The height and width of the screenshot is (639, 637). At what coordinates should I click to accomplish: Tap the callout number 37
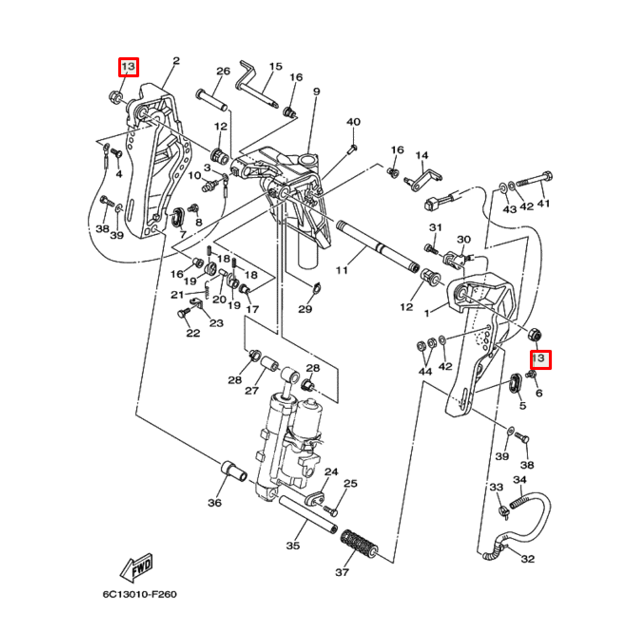(342, 572)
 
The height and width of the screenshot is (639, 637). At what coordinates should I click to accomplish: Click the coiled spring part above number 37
(361, 544)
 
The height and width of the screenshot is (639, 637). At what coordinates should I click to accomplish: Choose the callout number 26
(222, 71)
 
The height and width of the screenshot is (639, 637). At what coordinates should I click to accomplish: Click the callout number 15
(275, 66)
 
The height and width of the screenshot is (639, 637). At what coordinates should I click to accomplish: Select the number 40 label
(353, 122)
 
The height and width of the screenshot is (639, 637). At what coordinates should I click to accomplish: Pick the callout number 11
(342, 270)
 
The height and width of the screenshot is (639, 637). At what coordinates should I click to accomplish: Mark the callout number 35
(292, 545)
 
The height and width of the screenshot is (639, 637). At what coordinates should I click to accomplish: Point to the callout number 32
(527, 559)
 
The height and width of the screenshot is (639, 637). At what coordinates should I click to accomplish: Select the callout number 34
(520, 479)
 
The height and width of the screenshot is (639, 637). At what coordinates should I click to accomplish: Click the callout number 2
(176, 61)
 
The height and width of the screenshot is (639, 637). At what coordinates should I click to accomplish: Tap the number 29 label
(305, 309)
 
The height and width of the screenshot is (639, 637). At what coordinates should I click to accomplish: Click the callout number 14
(422, 155)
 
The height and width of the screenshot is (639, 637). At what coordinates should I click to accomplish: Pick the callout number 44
(425, 370)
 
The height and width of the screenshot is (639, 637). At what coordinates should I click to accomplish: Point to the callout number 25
(350, 484)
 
